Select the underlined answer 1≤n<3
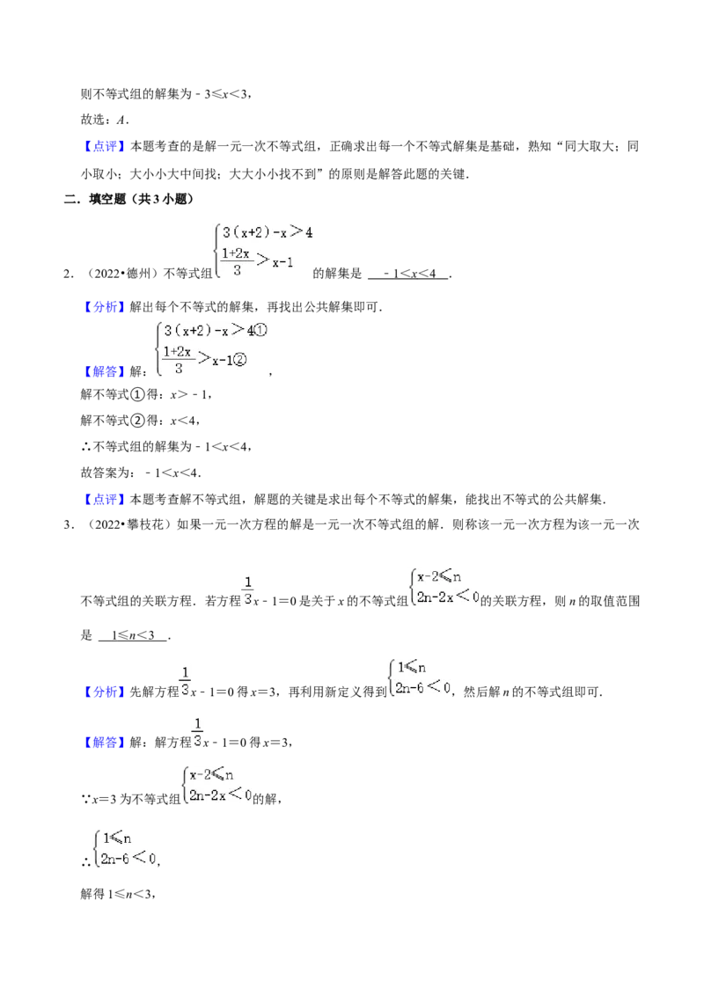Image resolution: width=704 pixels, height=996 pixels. pos(133,635)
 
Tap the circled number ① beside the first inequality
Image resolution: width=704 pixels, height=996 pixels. pos(260,330)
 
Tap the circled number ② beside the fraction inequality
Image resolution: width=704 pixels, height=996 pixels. pos(239,360)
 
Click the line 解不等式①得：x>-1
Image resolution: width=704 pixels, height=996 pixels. pos(146,394)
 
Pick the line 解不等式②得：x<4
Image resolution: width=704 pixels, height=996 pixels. pos(141,421)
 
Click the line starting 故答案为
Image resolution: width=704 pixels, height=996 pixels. pos(141,472)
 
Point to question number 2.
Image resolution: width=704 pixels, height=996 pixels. pos(68,274)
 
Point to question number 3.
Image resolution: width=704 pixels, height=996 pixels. pos(68,524)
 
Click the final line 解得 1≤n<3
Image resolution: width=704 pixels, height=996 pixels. pos(118,894)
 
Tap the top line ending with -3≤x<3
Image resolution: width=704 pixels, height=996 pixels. pos(165,94)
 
